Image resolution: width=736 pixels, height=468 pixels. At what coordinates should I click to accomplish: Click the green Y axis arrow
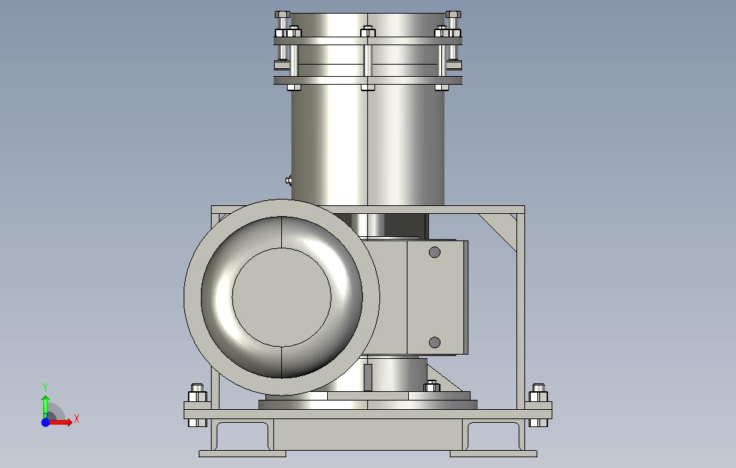[45, 406]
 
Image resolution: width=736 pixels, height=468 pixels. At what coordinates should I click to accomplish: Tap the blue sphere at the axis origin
[45, 422]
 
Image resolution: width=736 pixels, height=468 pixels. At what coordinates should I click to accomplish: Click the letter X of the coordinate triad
[77, 418]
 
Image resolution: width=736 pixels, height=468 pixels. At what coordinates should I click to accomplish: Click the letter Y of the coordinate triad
[45, 387]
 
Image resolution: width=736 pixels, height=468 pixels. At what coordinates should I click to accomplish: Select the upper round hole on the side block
[435, 253]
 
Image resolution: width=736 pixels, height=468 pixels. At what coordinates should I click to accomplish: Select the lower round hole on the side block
[435, 342]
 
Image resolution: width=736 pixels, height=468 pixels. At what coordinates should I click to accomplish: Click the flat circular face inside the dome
[282, 297]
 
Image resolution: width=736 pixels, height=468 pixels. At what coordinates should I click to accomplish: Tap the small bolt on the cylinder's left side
[288, 179]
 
